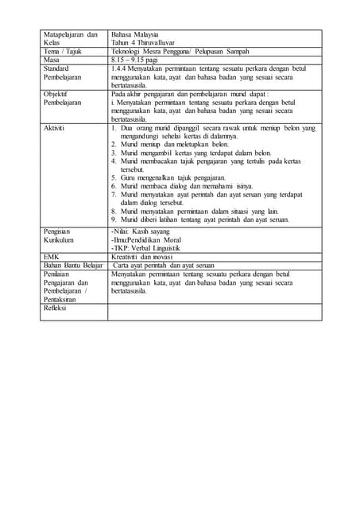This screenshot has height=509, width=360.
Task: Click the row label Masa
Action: click(52, 60)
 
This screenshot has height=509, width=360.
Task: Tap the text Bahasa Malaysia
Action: click(135, 35)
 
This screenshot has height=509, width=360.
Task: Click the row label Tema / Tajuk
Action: click(63, 52)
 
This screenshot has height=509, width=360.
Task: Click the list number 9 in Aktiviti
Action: click(114, 220)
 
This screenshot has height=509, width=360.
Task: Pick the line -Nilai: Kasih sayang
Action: click(144, 229)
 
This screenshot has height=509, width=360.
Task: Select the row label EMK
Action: click(52, 256)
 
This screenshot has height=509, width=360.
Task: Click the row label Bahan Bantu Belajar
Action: click(73, 265)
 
